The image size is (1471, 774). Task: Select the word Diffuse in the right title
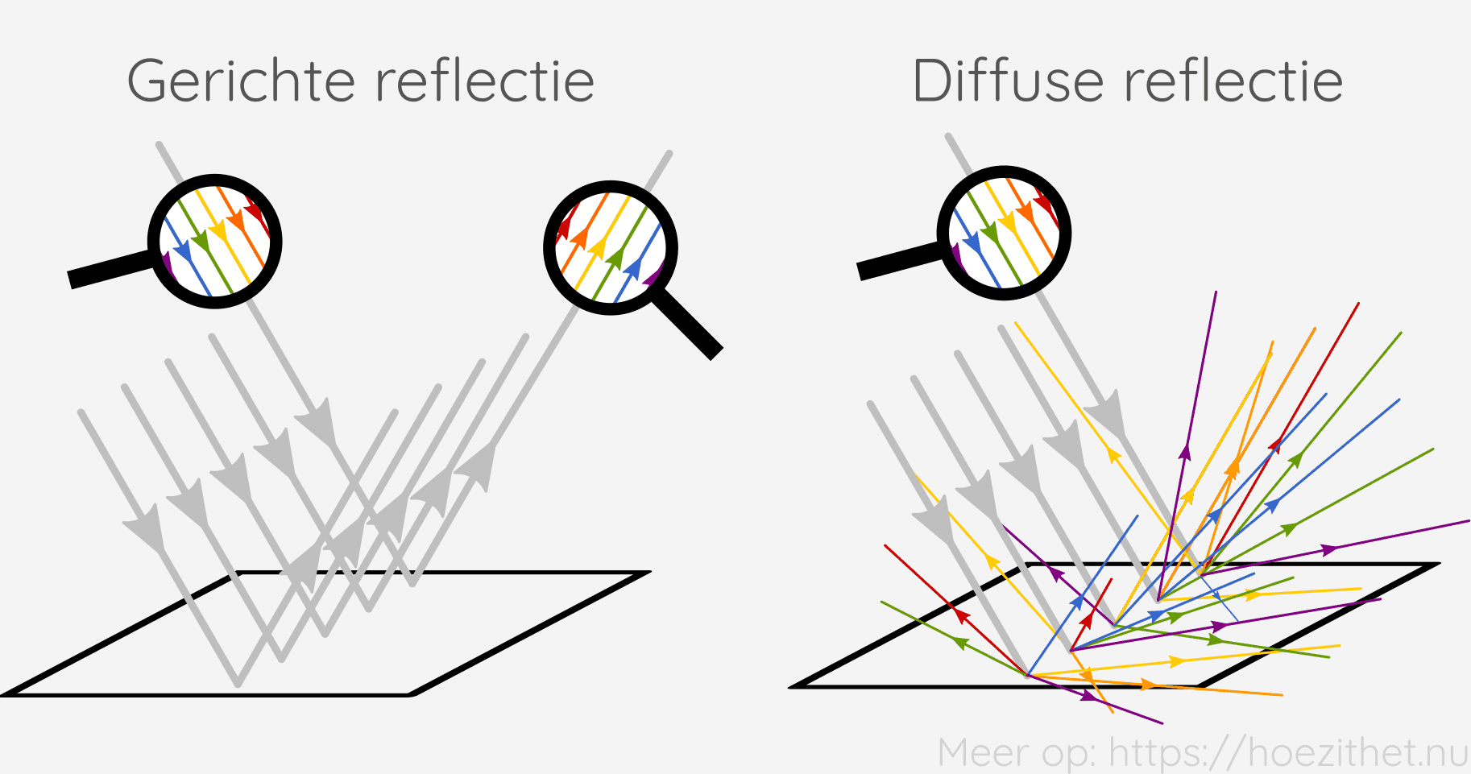[x=1009, y=81]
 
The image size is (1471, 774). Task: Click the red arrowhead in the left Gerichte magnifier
[x=255, y=211]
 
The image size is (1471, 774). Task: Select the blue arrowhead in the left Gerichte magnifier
[x=183, y=250]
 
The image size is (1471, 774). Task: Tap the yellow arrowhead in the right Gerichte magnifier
[x=598, y=246]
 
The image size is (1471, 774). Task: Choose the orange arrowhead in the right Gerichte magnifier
[x=579, y=238]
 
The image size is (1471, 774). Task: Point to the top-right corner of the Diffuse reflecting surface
[x=1436, y=565]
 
